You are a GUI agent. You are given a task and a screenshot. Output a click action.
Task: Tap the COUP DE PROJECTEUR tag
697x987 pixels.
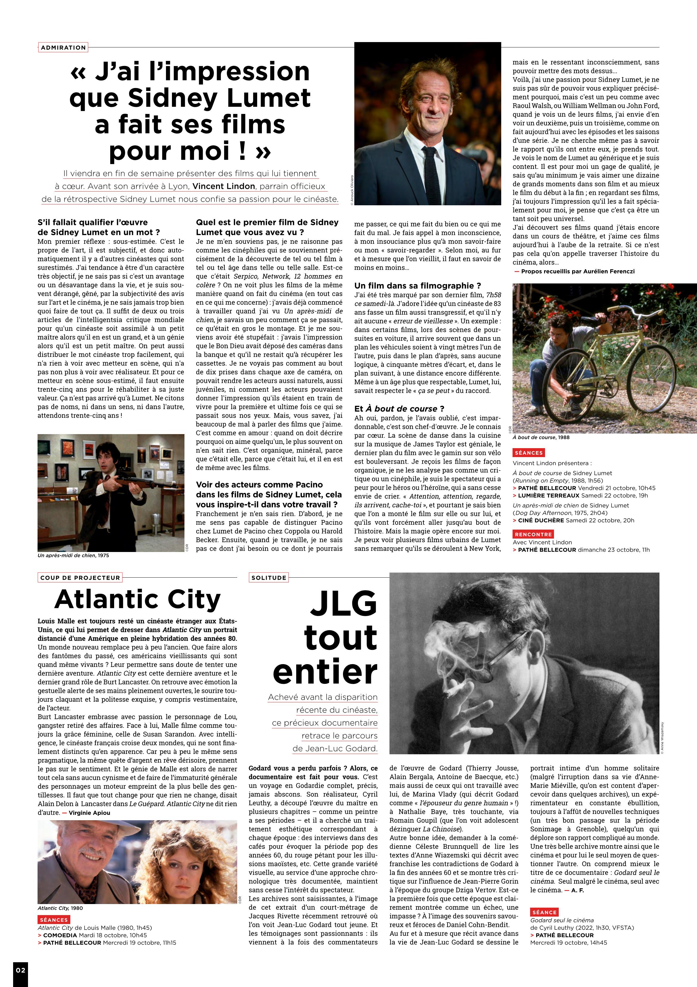coord(80,578)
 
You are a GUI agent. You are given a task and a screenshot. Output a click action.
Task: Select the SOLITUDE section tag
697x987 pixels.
coord(269,578)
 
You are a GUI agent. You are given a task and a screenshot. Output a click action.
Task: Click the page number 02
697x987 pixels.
coord(20,970)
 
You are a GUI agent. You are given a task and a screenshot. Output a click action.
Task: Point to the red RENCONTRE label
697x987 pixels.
coord(533,534)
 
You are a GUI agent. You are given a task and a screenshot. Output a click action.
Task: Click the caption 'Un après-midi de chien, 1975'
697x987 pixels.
coord(73,555)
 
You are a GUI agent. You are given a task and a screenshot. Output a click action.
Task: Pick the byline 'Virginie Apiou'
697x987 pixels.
coord(89,813)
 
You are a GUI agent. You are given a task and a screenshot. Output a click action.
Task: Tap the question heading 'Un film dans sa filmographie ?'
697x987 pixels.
coord(417,286)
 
